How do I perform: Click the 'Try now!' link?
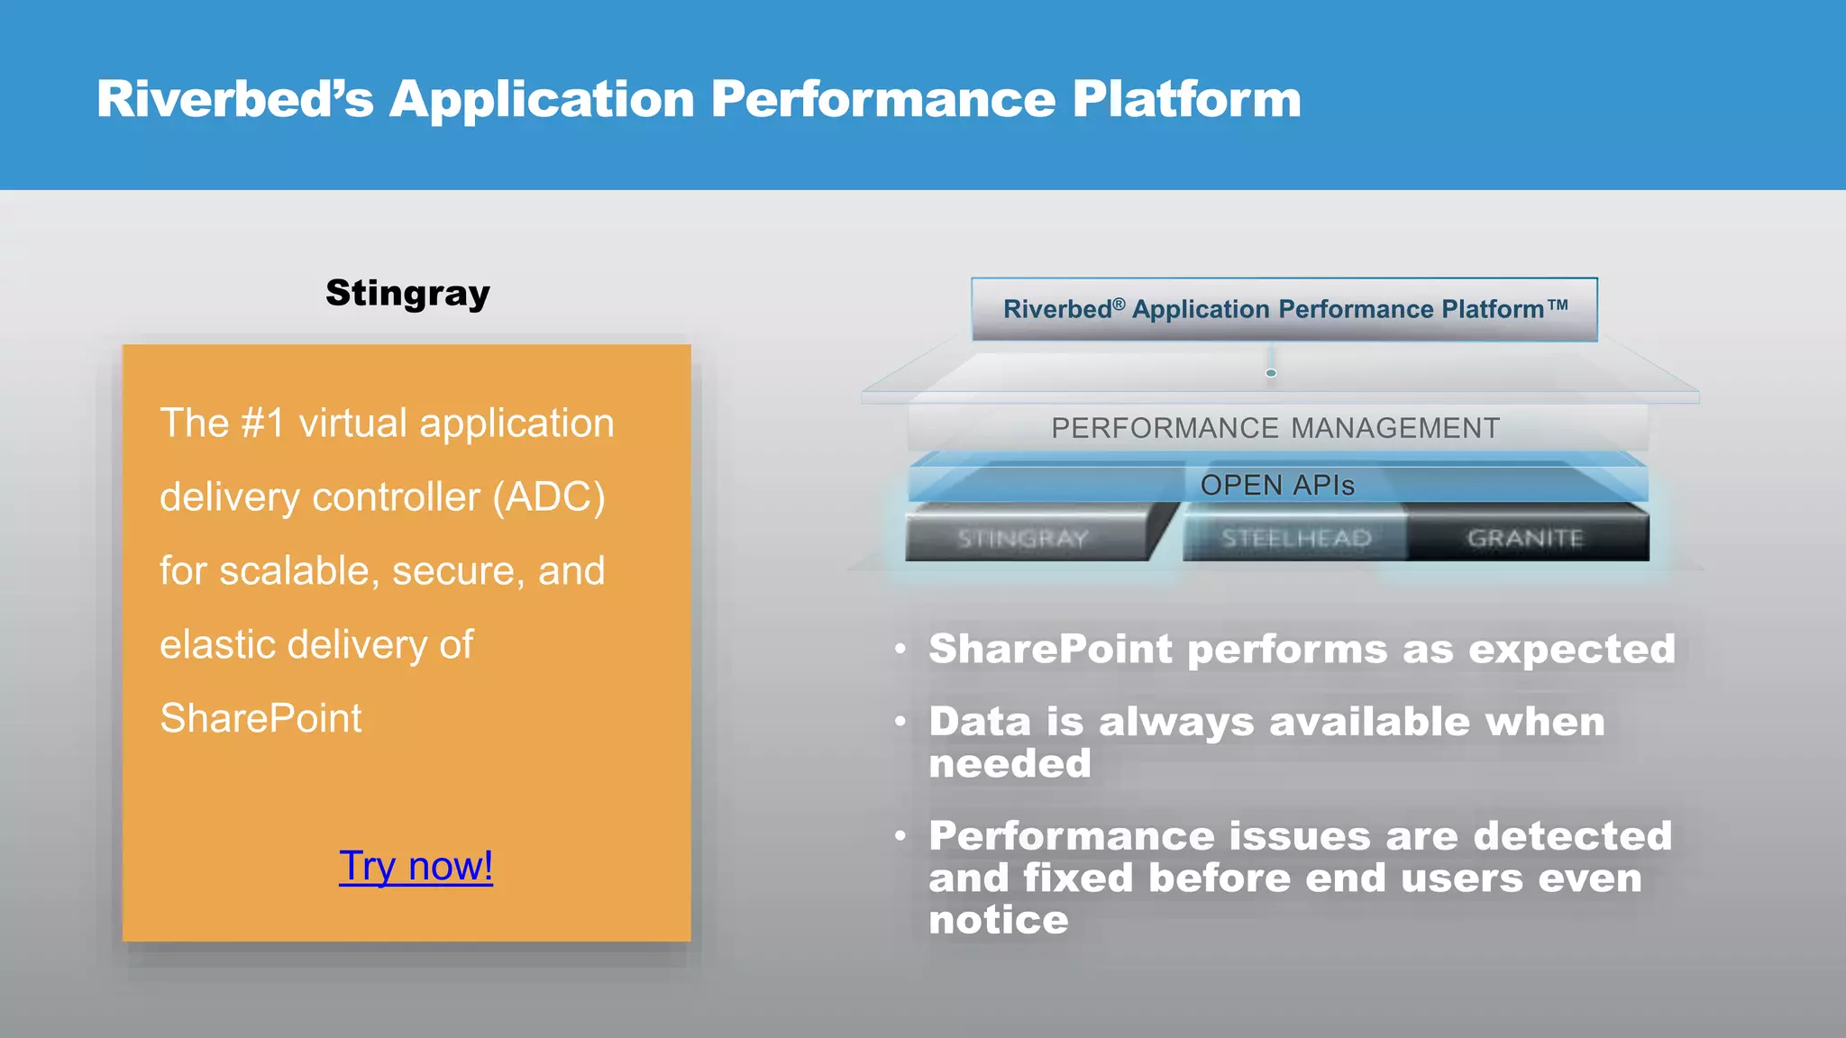pos(416,866)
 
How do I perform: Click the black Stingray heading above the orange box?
pos(407,293)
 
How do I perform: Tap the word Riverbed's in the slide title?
pos(234,99)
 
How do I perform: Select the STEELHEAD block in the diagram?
pos(1295,538)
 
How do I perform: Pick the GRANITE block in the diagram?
pos(1525,538)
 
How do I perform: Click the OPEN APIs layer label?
pos(1277,486)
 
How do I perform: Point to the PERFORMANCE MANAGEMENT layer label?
pos(1275,428)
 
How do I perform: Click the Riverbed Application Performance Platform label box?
pos(1284,309)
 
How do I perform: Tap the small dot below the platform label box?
pos(1271,373)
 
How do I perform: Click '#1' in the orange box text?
pos(263,423)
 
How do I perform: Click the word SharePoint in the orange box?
pos(260,719)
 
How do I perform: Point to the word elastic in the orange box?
pos(216,645)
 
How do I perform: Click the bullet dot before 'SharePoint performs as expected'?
pos(900,650)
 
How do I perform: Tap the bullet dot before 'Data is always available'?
pos(900,722)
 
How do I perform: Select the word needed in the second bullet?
pos(1010,764)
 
